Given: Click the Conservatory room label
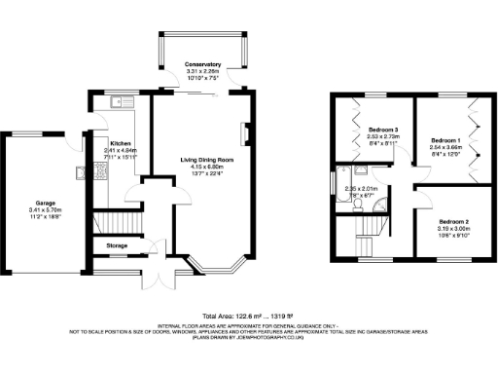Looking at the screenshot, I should click(204, 64).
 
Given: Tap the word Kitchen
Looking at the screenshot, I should click(122, 143).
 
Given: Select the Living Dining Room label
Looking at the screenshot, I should click(208, 159).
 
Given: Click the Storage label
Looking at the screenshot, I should click(117, 245).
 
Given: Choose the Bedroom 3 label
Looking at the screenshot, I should click(383, 129).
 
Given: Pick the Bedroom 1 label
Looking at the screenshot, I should click(446, 139).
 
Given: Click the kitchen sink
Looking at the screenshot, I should click(123, 102).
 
